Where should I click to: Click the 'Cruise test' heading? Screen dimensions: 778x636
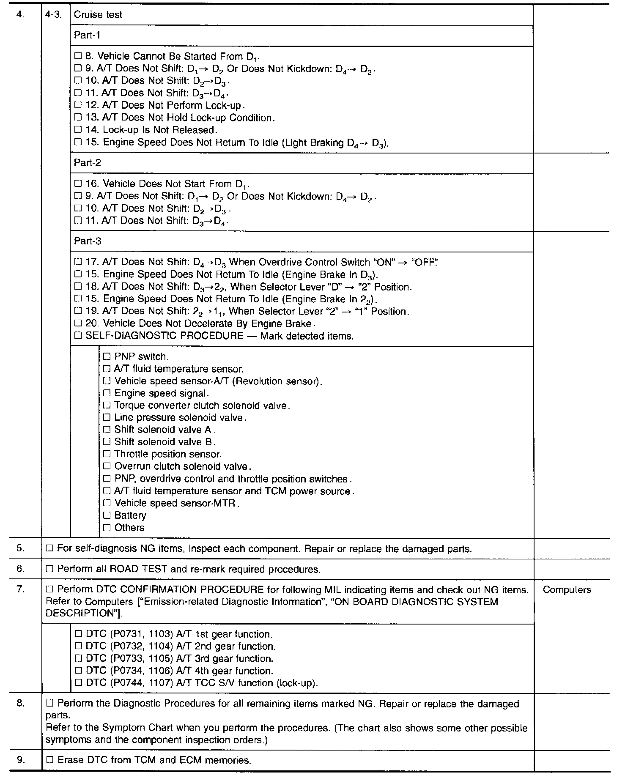coord(98,15)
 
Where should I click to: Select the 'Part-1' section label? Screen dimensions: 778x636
coord(87,35)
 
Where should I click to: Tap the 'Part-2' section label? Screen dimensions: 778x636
coord(88,163)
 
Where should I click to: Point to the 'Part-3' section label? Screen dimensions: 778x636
coord(88,241)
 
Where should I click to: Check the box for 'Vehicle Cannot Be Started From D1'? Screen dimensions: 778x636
coord(78,56)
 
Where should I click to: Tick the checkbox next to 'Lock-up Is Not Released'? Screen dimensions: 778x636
coord(78,130)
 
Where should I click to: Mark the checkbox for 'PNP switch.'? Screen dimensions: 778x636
coord(107,356)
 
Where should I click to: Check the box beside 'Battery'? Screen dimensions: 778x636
coord(107,515)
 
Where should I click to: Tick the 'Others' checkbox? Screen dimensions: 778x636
coord(107,528)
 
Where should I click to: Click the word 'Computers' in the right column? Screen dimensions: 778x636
coord(567,590)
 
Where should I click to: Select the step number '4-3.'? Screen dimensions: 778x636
coord(53,15)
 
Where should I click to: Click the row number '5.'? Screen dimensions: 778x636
coord(21,548)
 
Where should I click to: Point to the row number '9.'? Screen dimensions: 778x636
coord(21,760)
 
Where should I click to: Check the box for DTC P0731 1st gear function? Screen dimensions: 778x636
coord(78,634)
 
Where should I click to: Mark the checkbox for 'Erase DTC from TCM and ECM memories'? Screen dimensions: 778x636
coord(49,760)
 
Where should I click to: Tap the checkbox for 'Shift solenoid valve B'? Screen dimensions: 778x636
coord(107,442)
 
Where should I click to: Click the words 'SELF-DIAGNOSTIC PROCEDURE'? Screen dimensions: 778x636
coord(164,336)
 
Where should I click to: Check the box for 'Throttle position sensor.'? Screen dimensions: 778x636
coord(107,454)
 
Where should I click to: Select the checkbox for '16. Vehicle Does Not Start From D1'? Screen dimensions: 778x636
coord(78,184)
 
